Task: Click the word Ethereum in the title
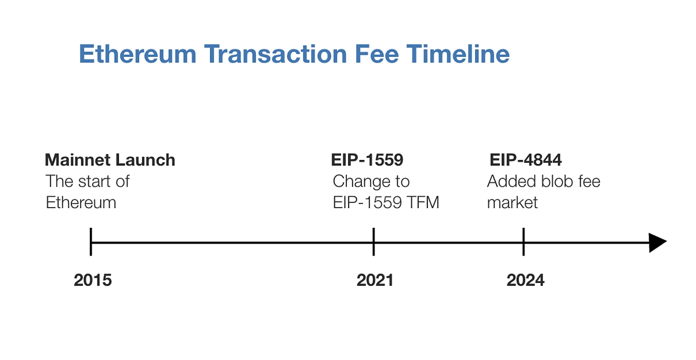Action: point(137,54)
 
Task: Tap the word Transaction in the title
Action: point(275,54)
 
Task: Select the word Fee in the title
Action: point(376,54)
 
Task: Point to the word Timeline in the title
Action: point(458,54)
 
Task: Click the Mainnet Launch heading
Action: point(110,160)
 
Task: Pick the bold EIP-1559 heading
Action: point(367,160)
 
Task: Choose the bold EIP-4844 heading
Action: point(525,160)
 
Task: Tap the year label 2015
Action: point(93,280)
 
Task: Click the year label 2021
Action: point(375,280)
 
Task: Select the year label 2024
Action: point(525,280)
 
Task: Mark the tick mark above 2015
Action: point(90,242)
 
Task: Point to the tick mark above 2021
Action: point(374,242)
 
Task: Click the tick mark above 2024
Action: point(524,242)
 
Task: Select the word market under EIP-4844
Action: point(512,203)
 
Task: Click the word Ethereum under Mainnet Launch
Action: point(81,203)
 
